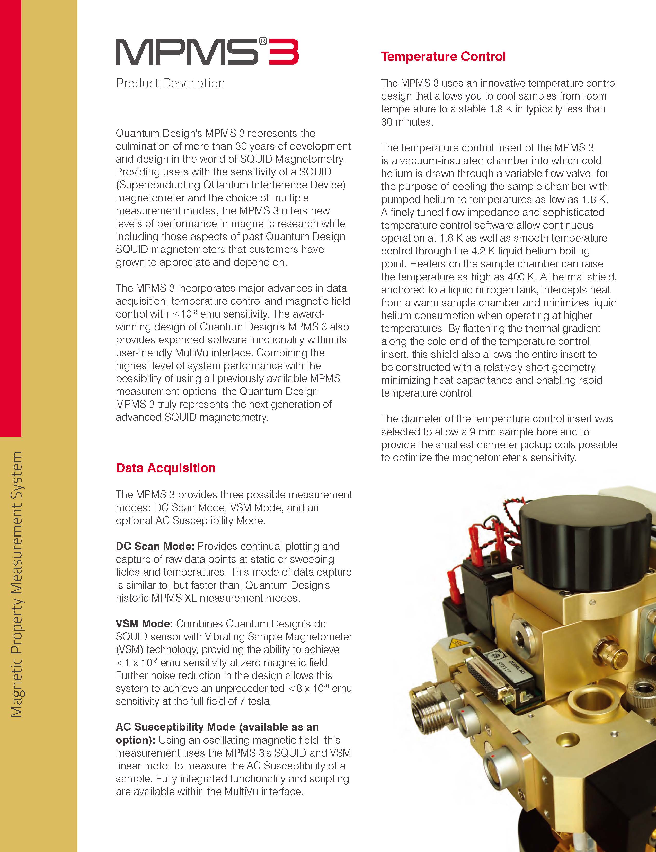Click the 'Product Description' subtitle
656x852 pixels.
(170, 83)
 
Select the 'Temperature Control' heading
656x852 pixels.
(443, 57)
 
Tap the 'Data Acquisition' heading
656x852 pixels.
(165, 468)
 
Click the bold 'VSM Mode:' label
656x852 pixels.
(144, 623)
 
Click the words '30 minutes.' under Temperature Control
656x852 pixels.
(407, 122)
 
